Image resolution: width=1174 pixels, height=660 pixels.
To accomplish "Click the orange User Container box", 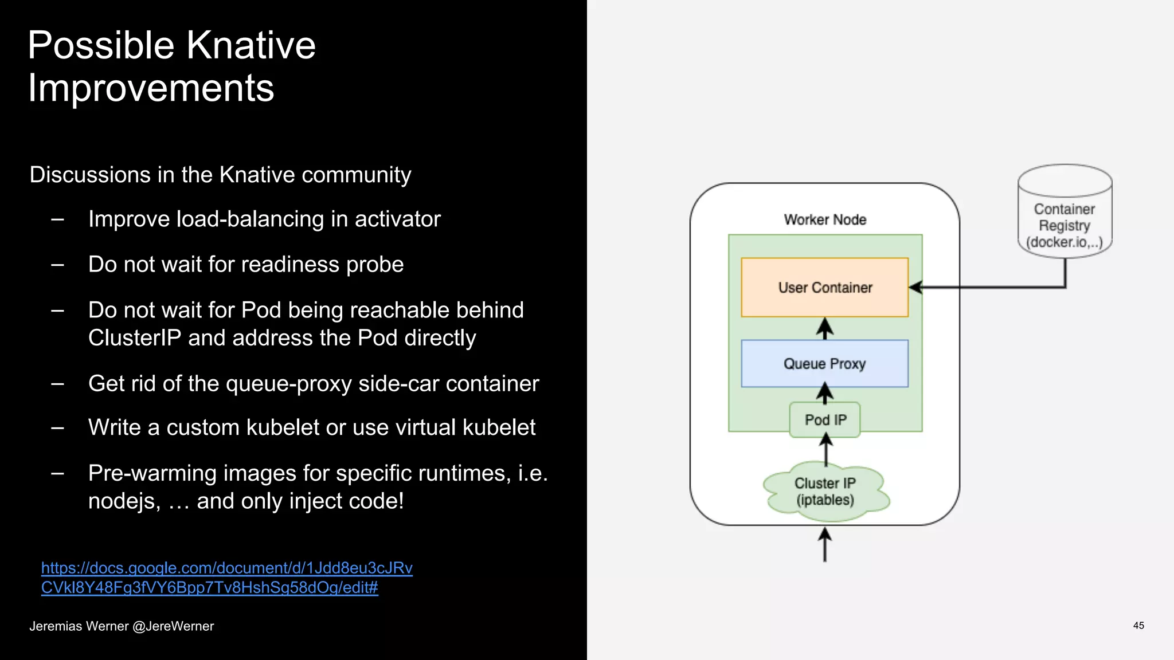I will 824,287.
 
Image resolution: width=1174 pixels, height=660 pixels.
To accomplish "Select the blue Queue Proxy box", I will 824,363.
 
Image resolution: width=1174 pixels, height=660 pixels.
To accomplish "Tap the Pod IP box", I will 825,420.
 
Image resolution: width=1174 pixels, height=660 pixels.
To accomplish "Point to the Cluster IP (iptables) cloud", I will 825,492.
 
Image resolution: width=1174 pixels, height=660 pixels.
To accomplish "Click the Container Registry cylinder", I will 1065,212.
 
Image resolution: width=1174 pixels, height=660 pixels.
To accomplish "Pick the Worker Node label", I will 825,219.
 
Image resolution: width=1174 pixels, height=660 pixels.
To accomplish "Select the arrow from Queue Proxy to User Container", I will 825,328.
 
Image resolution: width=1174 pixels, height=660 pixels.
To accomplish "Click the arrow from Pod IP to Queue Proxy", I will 825,394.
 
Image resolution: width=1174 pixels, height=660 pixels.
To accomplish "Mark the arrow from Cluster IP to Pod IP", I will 825,450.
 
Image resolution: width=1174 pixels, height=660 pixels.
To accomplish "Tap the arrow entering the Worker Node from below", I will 825,545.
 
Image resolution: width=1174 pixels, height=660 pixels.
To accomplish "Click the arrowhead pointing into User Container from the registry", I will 915,287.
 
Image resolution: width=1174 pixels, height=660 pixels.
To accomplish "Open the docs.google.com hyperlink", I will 226,577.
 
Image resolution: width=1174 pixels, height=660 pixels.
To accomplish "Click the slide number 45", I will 1138,626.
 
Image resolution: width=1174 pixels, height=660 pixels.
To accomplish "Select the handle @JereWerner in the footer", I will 173,626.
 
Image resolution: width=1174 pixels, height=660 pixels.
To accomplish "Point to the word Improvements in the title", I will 151,88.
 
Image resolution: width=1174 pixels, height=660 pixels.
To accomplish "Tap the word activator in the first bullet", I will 397,219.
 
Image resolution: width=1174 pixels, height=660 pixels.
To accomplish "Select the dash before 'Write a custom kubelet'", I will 57,428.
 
